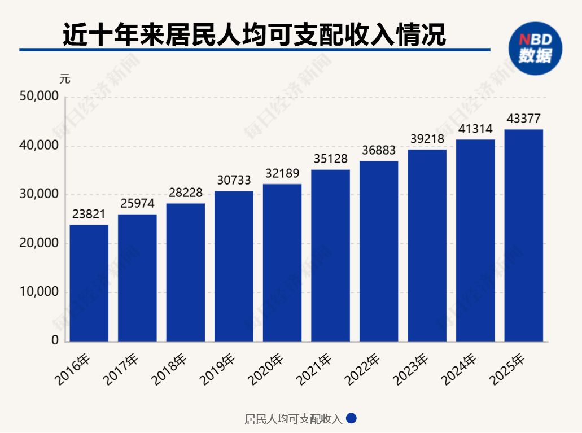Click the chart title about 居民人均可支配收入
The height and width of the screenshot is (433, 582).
tap(254, 34)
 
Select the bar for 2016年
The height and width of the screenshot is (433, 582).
tap(89, 283)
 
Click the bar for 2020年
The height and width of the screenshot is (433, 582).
tap(282, 263)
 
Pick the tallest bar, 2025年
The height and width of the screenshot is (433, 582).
tap(523, 235)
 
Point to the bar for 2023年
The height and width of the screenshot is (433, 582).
tap(427, 246)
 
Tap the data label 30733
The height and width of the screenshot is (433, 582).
tap(234, 181)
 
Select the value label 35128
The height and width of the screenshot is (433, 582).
tap(330, 159)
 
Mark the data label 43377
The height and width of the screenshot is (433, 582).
tap(523, 119)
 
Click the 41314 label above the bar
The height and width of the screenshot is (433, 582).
tap(475, 129)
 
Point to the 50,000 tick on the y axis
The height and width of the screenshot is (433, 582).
tap(39, 97)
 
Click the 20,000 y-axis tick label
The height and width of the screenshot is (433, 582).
tap(39, 243)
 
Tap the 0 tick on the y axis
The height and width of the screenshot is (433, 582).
tap(55, 341)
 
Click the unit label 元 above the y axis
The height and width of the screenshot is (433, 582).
tap(65, 79)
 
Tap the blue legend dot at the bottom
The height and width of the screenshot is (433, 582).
tap(351, 419)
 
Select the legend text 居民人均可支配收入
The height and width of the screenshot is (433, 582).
tap(293, 419)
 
